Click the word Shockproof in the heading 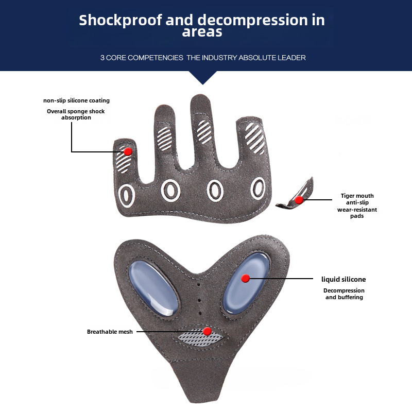pos(121,20)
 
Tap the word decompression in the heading pos(252,20)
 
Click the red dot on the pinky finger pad pos(128,151)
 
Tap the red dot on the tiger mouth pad pos(299,200)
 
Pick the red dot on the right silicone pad pos(246,278)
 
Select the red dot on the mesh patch pos(208,331)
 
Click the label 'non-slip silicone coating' pos(76,100)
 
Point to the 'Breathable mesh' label pos(110,332)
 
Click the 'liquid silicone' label pos(344,279)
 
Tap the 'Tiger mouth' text pos(357,196)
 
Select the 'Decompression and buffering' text pos(344,294)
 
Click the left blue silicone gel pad pos(153,288)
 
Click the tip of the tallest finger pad pos(200,96)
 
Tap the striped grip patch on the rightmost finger pos(254,138)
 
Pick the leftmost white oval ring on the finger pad pos(127,196)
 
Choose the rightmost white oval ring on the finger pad pos(258,188)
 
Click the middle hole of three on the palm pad pos(199,300)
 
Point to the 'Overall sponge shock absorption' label pos(76,114)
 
